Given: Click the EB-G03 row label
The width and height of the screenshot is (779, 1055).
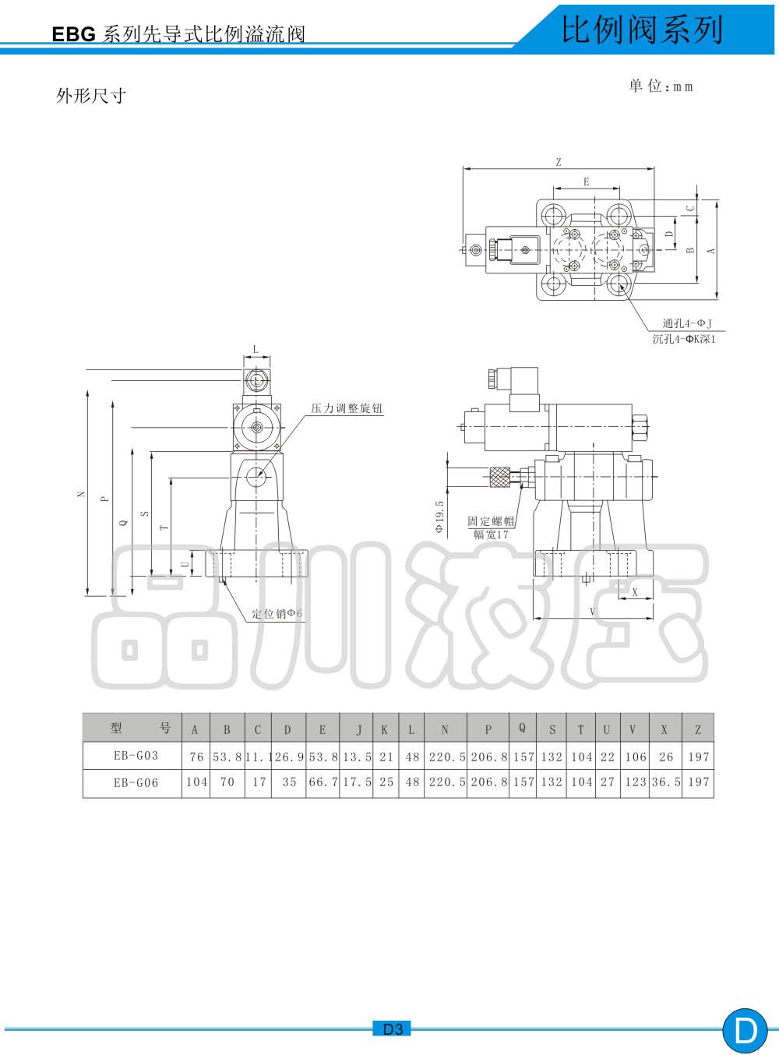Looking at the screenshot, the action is (x=136, y=755).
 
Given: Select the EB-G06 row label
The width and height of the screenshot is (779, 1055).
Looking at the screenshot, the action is (x=136, y=782).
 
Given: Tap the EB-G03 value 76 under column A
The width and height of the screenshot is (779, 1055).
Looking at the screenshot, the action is (x=196, y=757).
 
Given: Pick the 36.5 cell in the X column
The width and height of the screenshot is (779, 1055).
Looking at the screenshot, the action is (x=666, y=782).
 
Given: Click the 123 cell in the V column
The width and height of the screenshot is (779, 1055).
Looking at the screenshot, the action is (x=636, y=782).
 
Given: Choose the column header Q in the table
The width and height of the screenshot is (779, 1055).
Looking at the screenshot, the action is (x=522, y=728).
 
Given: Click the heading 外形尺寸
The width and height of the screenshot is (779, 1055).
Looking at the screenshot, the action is (x=91, y=96).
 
